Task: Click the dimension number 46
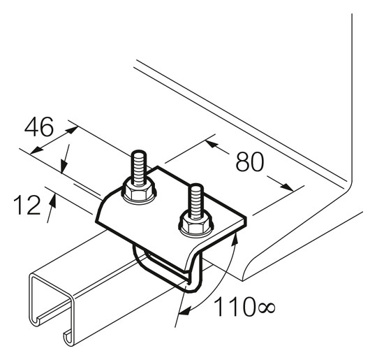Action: point(39,127)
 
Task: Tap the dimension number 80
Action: point(250,161)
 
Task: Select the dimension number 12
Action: point(27,205)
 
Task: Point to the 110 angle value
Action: point(235,306)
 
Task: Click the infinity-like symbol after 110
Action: point(267,308)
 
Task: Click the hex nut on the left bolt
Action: point(139,192)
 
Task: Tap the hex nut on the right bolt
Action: point(196,224)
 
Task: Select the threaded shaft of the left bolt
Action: point(139,167)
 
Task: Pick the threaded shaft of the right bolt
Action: point(196,201)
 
